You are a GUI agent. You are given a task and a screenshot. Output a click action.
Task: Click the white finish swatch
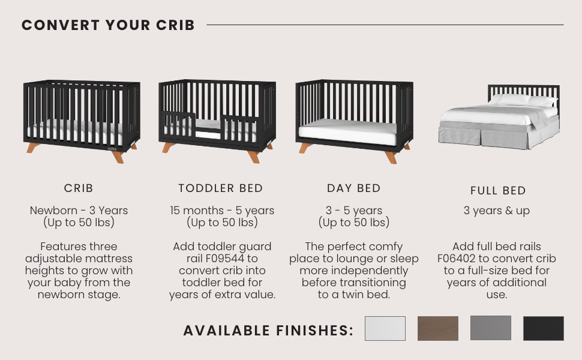pyautogui.click(x=385, y=328)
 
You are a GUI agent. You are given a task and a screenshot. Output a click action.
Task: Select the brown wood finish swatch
pyautogui.click(x=438, y=328)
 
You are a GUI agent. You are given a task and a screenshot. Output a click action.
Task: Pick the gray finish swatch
pyautogui.click(x=491, y=328)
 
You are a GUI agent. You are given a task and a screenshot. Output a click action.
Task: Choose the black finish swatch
pyautogui.click(x=544, y=328)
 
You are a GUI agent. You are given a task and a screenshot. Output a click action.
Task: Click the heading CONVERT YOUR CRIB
pyautogui.click(x=108, y=25)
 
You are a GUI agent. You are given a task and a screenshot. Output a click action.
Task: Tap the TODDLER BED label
pyautogui.click(x=220, y=188)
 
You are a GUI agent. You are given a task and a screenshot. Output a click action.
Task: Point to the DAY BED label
pyautogui.click(x=354, y=188)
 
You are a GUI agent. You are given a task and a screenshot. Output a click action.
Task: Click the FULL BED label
pyautogui.click(x=498, y=191)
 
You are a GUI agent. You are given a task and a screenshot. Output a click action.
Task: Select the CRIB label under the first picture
pyautogui.click(x=79, y=188)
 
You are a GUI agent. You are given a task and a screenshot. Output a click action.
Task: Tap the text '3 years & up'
pyautogui.click(x=497, y=211)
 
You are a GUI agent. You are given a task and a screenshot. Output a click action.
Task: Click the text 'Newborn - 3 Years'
pyautogui.click(x=79, y=211)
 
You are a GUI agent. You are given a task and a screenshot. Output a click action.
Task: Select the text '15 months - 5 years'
pyautogui.click(x=222, y=211)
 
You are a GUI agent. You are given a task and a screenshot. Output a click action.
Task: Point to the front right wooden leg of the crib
pyautogui.click(x=118, y=156)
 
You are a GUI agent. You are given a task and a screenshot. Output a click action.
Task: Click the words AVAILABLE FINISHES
pyautogui.click(x=268, y=331)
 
